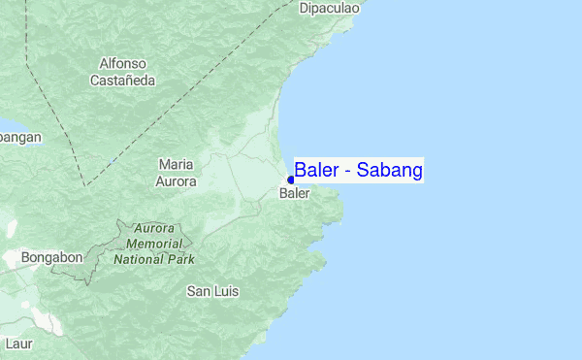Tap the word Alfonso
click(x=123, y=64)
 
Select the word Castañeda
click(x=123, y=81)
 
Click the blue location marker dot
click(x=290, y=180)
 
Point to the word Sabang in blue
click(x=389, y=171)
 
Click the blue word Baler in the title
click(x=315, y=171)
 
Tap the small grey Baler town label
click(x=294, y=194)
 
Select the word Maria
click(x=176, y=165)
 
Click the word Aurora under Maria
click(x=176, y=180)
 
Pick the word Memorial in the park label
click(x=154, y=244)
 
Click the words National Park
click(x=154, y=259)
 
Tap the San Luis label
click(x=212, y=291)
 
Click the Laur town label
click(x=18, y=344)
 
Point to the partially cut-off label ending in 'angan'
click(x=20, y=137)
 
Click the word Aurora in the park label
click(x=154, y=229)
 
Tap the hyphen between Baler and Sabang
click(x=348, y=172)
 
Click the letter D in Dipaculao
click(x=304, y=9)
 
